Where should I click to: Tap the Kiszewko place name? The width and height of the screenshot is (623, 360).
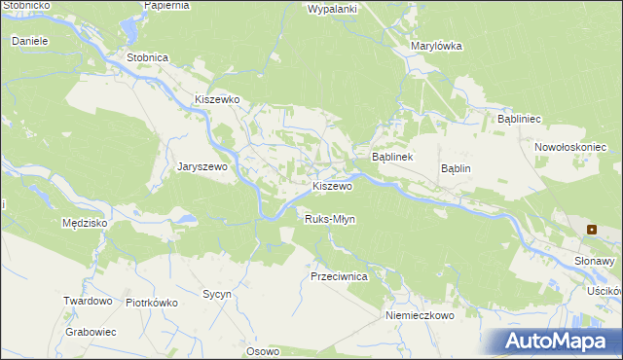pyautogui.click(x=216, y=99)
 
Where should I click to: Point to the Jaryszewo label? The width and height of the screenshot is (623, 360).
pyautogui.click(x=202, y=166)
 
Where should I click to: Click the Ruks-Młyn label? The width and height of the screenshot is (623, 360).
pyautogui.click(x=330, y=219)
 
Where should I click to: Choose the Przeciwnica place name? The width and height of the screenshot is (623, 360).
pyautogui.click(x=338, y=276)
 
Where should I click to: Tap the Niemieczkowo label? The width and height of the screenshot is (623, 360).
pyautogui.click(x=421, y=315)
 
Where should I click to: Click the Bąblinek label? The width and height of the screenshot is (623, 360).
pyautogui.click(x=393, y=157)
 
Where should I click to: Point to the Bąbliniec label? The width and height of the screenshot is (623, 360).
pyautogui.click(x=519, y=118)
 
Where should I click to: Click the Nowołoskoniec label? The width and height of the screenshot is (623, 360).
pyautogui.click(x=570, y=147)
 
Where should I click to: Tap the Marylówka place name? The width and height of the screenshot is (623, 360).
pyautogui.click(x=436, y=46)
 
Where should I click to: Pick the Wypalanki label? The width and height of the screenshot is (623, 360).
pyautogui.click(x=333, y=9)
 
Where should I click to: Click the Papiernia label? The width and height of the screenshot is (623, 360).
pyautogui.click(x=166, y=5)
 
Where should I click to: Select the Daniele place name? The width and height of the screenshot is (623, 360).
pyautogui.click(x=30, y=42)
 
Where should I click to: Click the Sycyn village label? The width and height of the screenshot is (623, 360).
pyautogui.click(x=215, y=293)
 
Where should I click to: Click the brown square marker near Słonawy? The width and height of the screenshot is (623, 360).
pyautogui.click(x=591, y=230)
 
